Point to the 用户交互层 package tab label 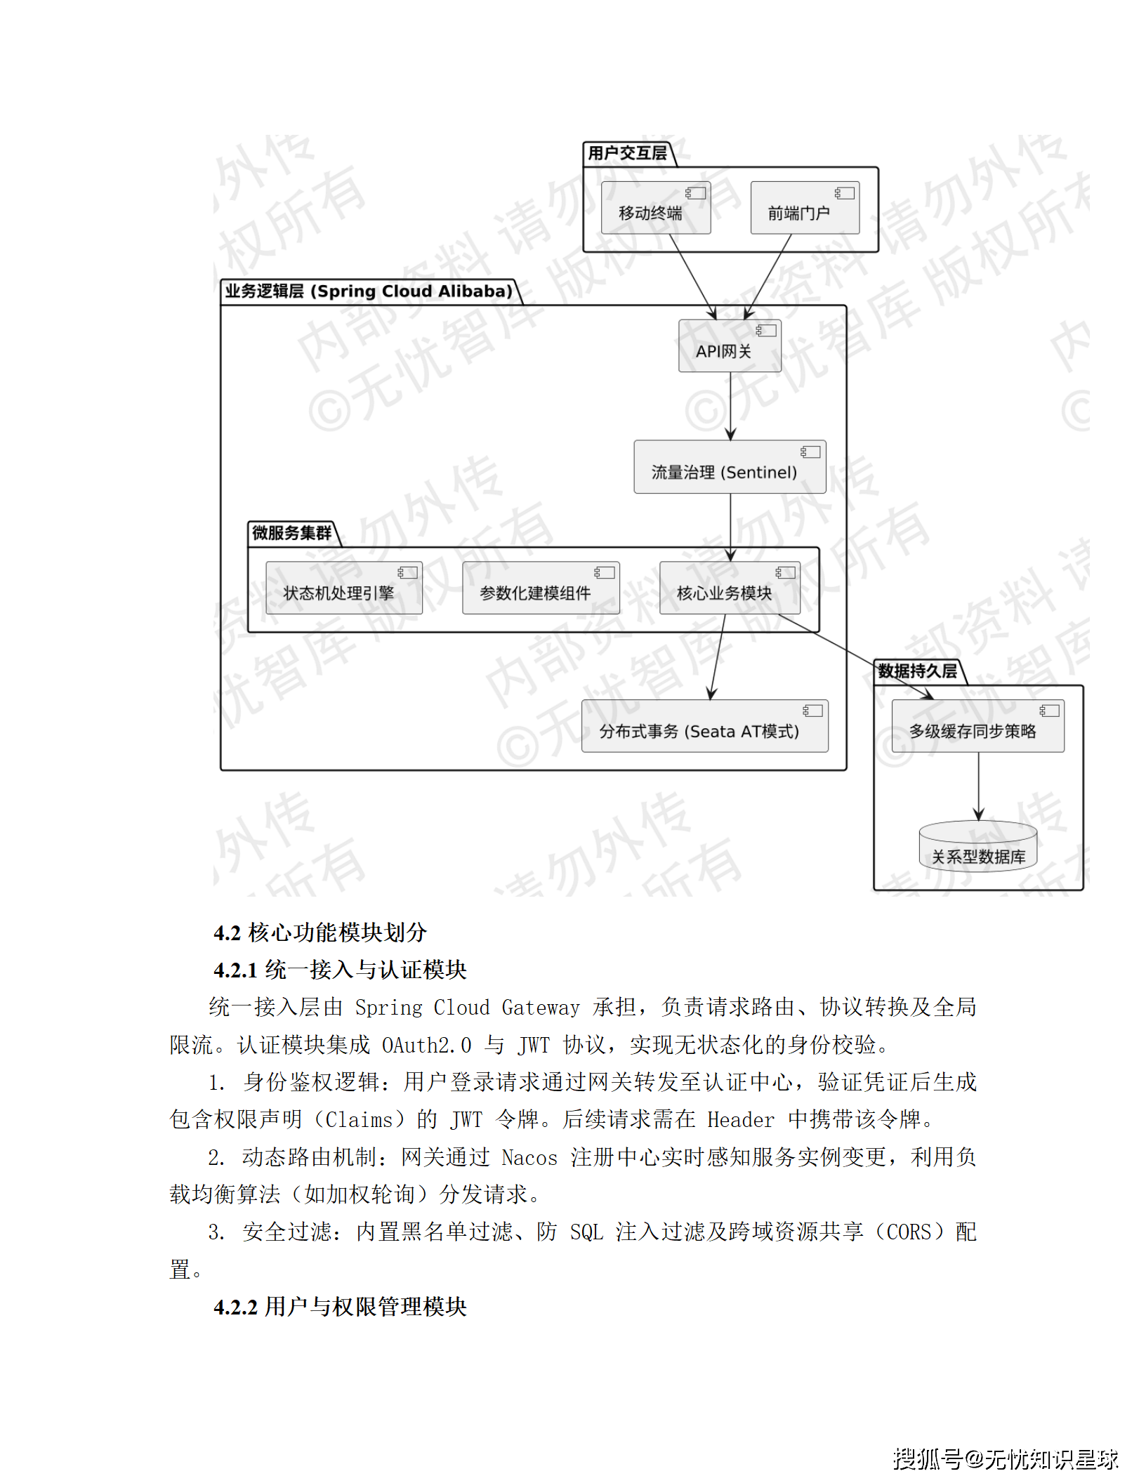627,153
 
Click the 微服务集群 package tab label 291,533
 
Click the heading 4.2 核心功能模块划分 320,932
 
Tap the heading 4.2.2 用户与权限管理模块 340,1307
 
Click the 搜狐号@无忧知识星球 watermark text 1005,1459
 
